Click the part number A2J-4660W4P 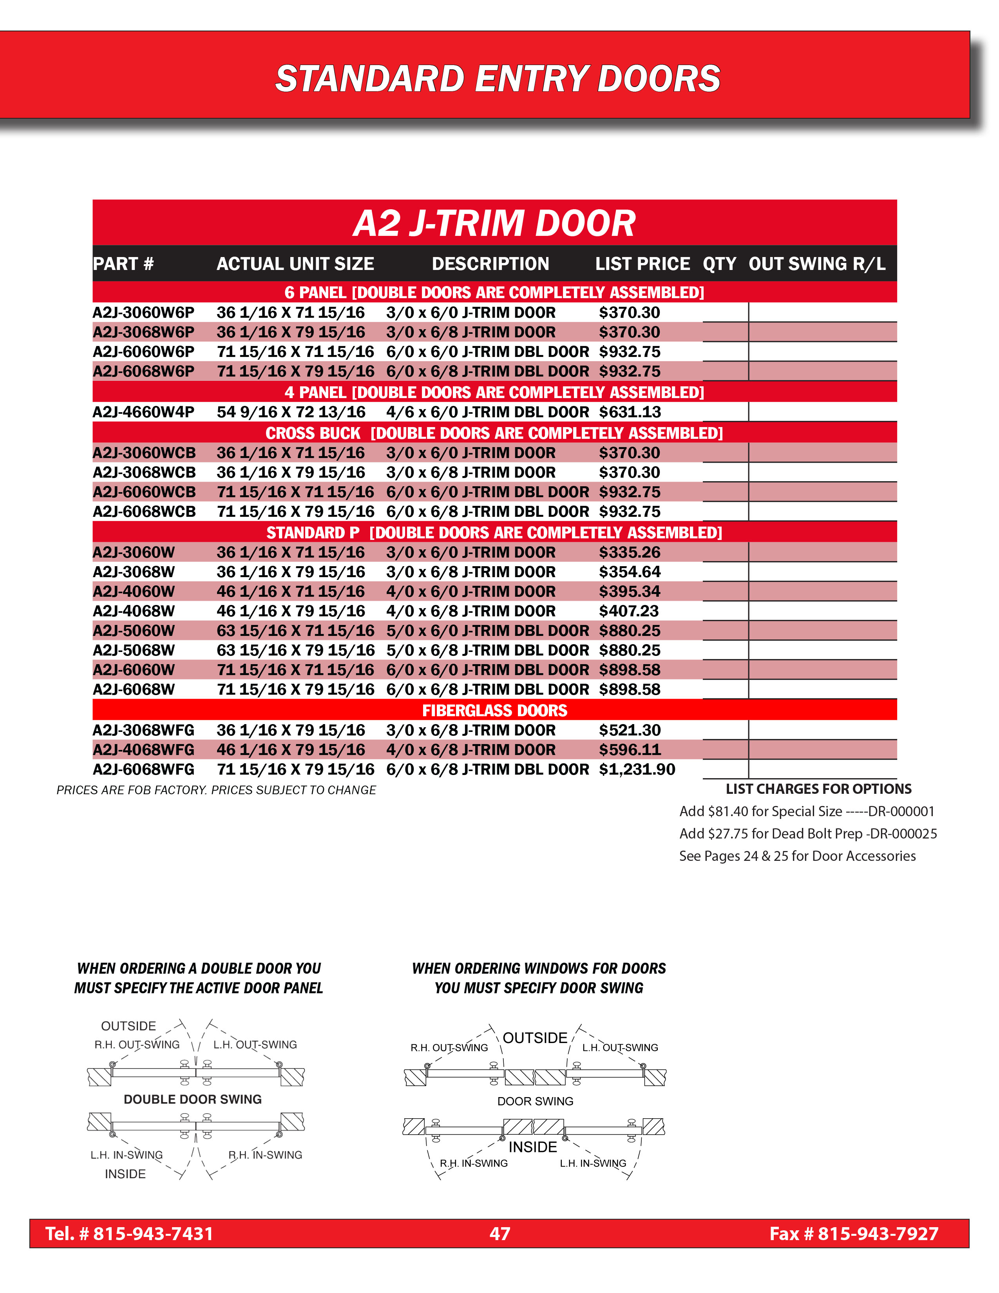coord(143,412)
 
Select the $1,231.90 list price coord(637,769)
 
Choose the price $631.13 coord(629,412)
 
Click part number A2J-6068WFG coord(143,769)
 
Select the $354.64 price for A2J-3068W coord(629,572)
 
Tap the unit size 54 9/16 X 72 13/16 coord(291,412)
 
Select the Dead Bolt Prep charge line coord(808,833)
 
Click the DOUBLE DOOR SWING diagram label coord(192,1099)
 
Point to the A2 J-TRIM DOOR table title coord(494,223)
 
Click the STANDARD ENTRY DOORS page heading coord(498,79)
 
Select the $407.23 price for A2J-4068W coord(628,611)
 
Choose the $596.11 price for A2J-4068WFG coord(629,750)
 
